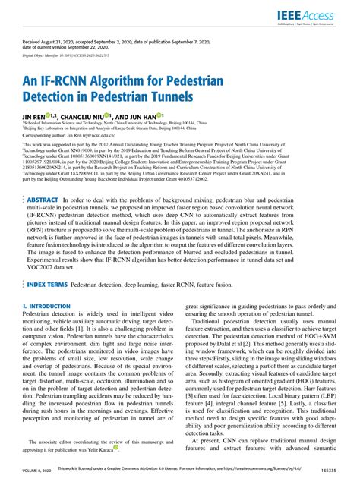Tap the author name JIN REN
pos(33,108)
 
